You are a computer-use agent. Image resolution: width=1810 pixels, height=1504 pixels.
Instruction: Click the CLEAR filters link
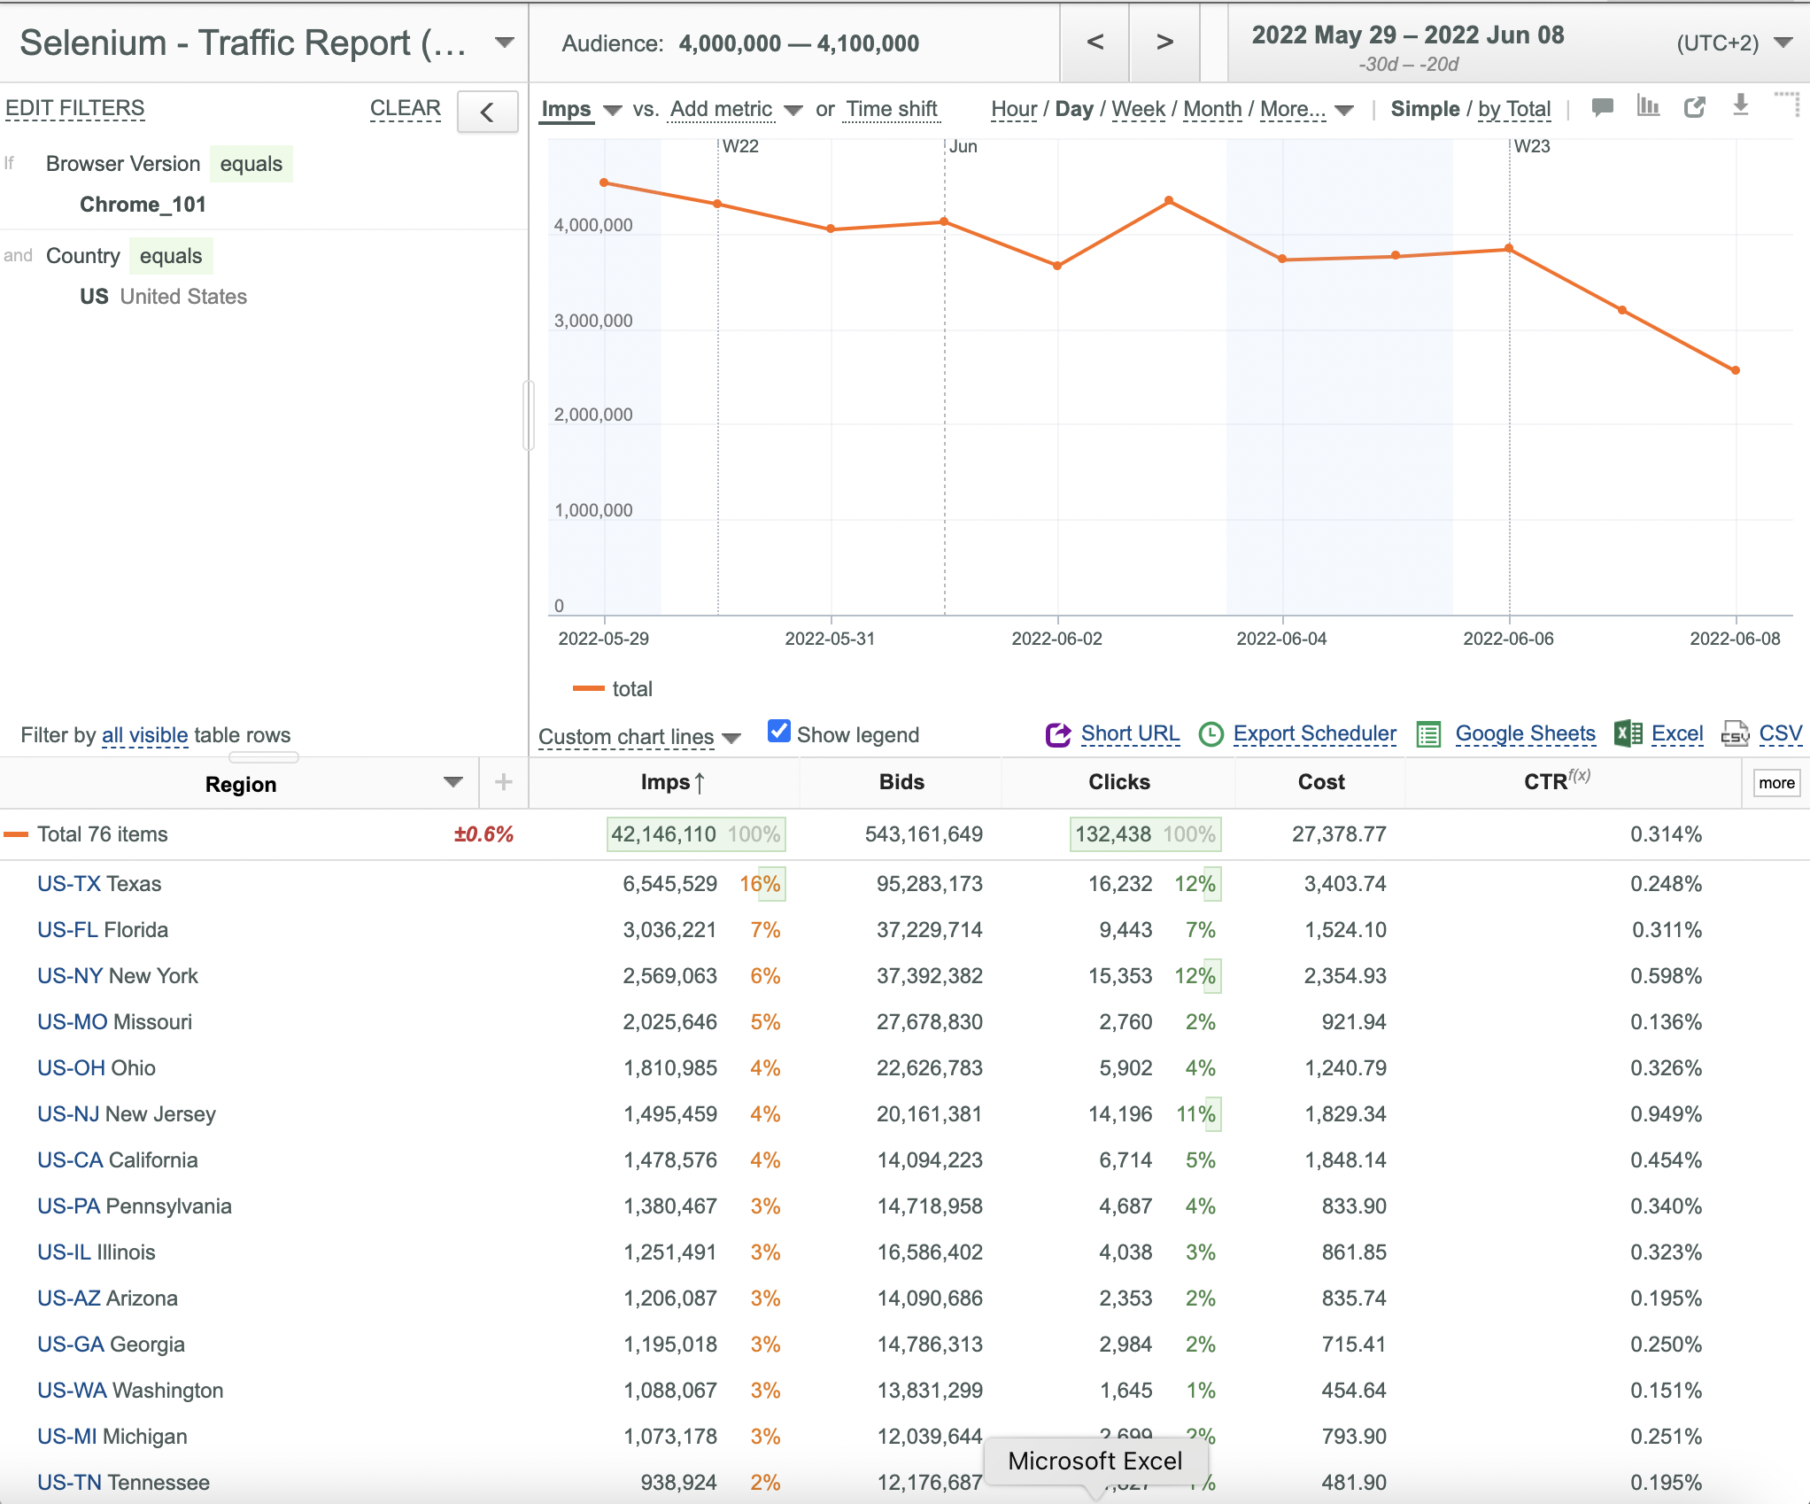(405, 108)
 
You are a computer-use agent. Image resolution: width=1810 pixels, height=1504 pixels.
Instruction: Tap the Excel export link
(1677, 733)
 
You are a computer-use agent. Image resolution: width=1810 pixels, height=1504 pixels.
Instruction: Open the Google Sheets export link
(1525, 733)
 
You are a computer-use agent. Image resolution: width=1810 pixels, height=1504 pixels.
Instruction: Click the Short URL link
(1130, 733)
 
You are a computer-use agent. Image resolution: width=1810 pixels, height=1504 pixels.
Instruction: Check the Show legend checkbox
(778, 732)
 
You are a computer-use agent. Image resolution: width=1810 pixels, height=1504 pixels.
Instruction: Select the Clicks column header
(1118, 782)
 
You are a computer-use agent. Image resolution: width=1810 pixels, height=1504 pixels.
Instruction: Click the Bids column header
(901, 782)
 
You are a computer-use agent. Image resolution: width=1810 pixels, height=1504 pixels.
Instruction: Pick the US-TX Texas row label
(99, 884)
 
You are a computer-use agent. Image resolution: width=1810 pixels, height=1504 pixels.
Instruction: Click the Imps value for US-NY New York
(669, 976)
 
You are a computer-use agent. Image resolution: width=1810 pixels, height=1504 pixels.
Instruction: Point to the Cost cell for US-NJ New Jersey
(1345, 1114)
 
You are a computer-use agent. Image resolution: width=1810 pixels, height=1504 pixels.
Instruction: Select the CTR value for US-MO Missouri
(1666, 1022)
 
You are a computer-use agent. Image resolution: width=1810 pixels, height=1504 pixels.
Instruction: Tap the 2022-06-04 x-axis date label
(1281, 639)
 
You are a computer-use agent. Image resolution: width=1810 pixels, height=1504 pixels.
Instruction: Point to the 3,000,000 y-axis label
(593, 321)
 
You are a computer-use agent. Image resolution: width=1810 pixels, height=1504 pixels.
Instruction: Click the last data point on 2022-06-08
(1736, 370)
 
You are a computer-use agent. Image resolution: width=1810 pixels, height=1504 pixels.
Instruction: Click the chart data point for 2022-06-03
(1170, 200)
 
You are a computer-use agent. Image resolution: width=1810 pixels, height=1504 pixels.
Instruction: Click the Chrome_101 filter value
(143, 205)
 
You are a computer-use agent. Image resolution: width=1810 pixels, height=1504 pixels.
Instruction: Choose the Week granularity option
(1138, 109)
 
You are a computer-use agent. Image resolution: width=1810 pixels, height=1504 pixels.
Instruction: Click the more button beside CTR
(1776, 783)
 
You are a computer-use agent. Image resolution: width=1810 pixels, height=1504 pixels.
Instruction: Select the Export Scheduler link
(1314, 733)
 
